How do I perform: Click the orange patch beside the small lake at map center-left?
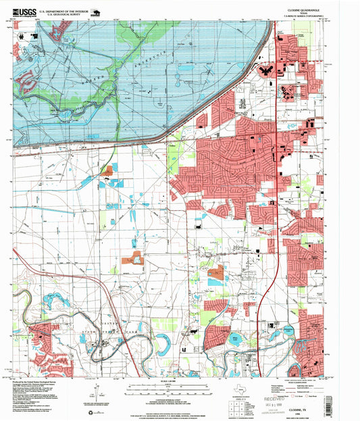(130, 259)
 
